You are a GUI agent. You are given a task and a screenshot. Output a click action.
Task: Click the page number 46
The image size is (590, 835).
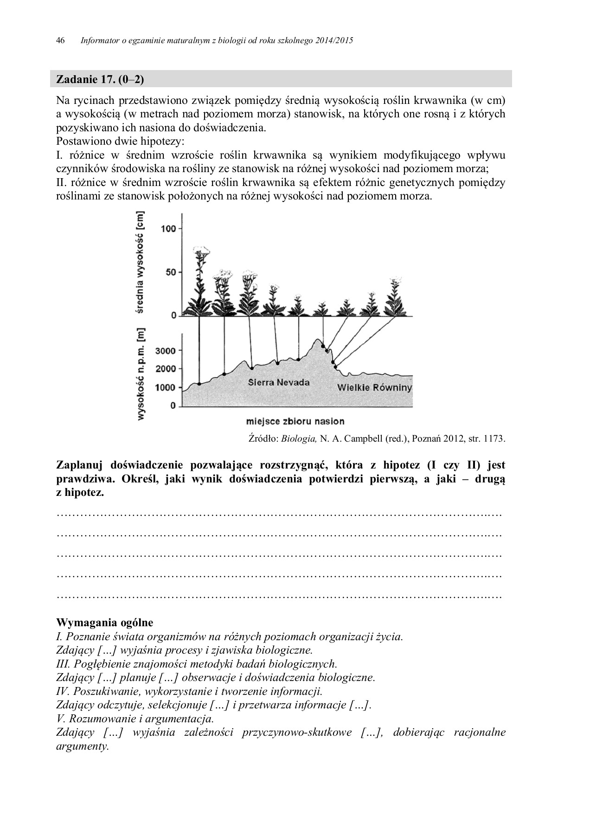click(60, 41)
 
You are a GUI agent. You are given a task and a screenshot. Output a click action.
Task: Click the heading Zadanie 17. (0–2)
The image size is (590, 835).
click(100, 79)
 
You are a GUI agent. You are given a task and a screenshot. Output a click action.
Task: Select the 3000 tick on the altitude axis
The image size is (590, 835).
click(165, 351)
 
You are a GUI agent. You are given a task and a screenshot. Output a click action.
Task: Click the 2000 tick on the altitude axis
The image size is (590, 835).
click(165, 369)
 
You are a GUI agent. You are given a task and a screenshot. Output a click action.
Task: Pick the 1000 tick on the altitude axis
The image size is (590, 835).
click(165, 387)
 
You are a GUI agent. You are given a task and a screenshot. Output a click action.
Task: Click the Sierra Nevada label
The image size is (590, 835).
click(278, 383)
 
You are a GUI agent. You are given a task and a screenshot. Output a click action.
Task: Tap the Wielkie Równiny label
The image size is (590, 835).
click(374, 387)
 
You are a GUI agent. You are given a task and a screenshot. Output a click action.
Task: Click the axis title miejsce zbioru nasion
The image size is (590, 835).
click(295, 421)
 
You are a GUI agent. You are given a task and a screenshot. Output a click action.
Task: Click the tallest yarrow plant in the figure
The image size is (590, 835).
click(201, 278)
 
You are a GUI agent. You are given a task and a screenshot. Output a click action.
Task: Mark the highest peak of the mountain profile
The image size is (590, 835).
click(318, 340)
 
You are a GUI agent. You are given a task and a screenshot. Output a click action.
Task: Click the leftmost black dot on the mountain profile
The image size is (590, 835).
click(199, 384)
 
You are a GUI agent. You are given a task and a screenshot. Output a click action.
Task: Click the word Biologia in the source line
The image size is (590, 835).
click(304, 438)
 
